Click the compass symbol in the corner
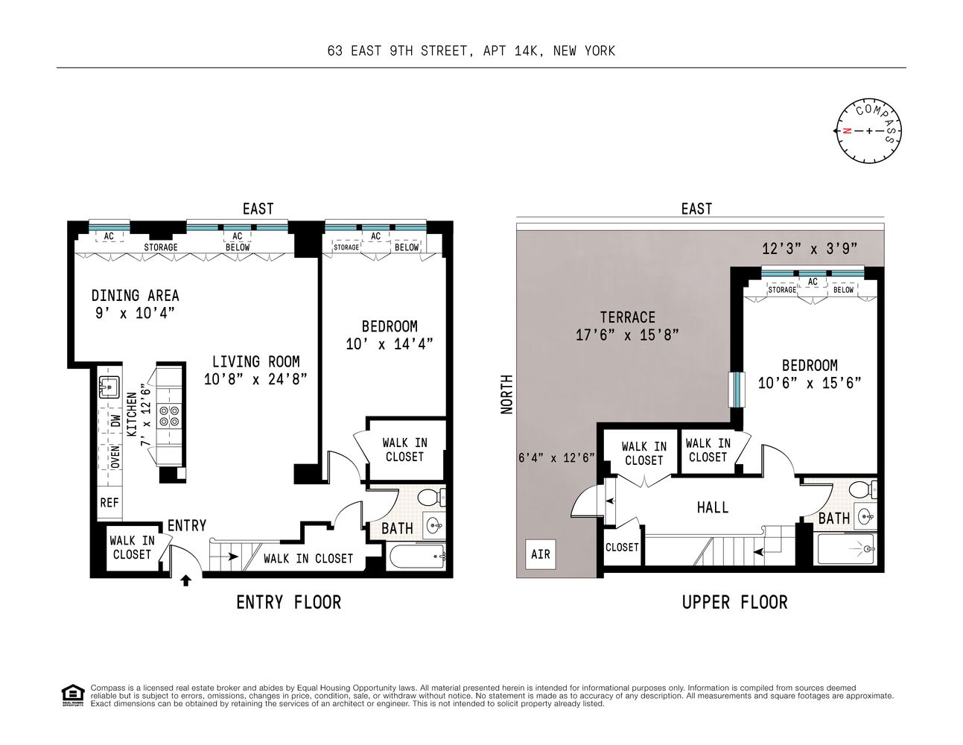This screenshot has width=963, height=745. coord(869,131)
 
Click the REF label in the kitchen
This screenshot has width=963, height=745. coord(109,503)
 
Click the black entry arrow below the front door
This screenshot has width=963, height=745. coord(185,580)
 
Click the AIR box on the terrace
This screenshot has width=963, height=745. coord(541,554)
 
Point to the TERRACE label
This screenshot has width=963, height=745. coord(627,317)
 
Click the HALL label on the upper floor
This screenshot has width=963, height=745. coord(712,507)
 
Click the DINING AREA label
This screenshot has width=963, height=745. coord(135,296)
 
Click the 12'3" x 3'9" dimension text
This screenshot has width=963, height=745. coord(810,249)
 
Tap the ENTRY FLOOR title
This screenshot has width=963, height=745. coord(288,602)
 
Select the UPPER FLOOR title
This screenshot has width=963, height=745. coord(734,602)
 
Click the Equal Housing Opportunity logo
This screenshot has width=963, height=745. coord(72,694)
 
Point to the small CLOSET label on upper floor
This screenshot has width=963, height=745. coord(622,547)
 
